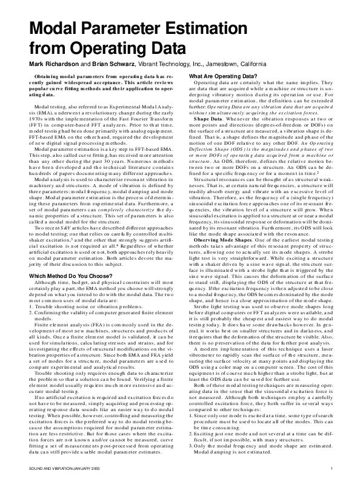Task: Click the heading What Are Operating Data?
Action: [x=223, y=76]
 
